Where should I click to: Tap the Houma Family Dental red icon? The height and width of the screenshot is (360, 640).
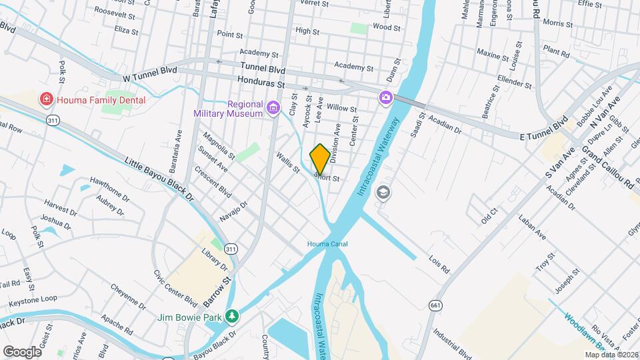point(46,100)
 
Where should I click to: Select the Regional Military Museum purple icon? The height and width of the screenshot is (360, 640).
point(273,108)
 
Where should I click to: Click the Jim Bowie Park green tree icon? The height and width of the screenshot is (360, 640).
point(231,316)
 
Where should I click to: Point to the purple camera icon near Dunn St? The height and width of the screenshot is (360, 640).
point(385,98)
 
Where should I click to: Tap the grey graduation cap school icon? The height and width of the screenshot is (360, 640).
point(383,193)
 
